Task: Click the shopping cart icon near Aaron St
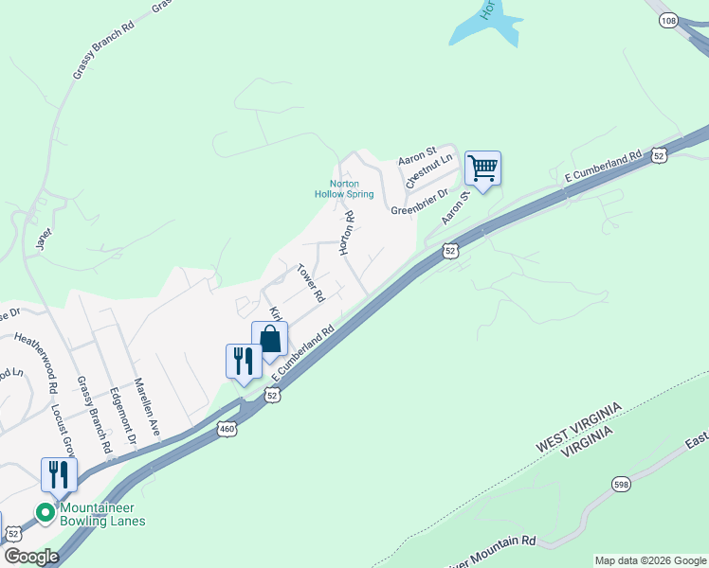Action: pyautogui.click(x=482, y=169)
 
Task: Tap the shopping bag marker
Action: pyautogui.click(x=269, y=339)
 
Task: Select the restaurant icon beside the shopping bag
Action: pyautogui.click(x=243, y=361)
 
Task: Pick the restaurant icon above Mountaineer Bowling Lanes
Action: pyautogui.click(x=59, y=474)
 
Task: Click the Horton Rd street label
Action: pyautogui.click(x=348, y=232)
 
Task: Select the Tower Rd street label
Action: pyautogui.click(x=310, y=283)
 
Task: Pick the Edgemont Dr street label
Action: pyautogui.click(x=123, y=416)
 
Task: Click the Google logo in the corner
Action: pyautogui.click(x=31, y=556)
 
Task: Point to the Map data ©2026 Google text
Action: pyautogui.click(x=650, y=560)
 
